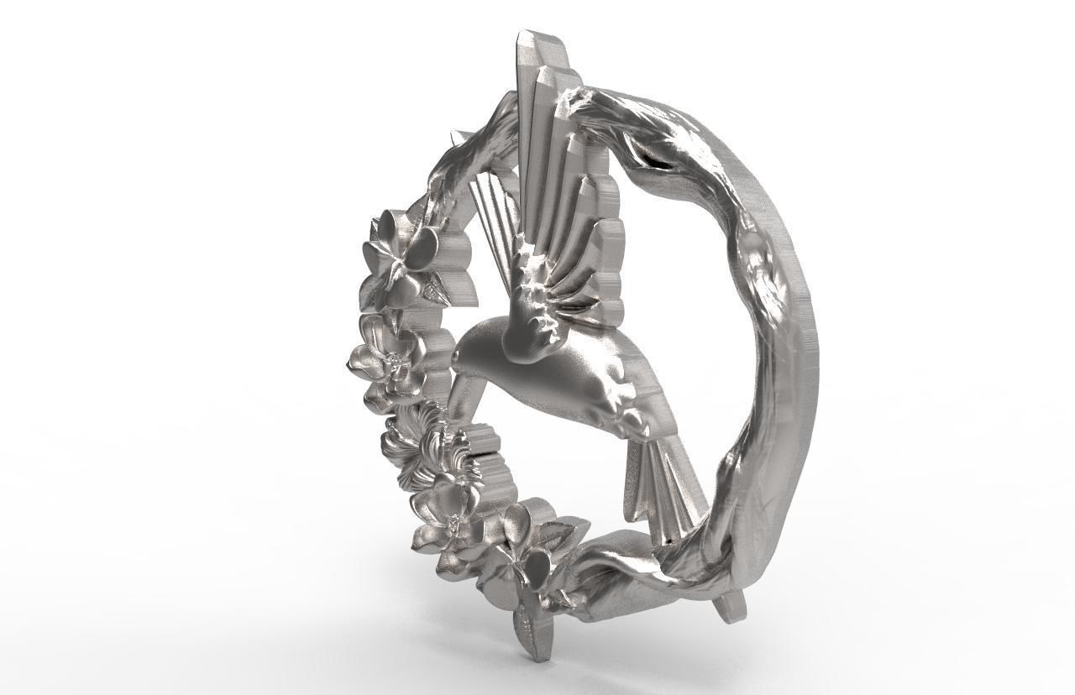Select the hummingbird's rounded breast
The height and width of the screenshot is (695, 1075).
point(546,378)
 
